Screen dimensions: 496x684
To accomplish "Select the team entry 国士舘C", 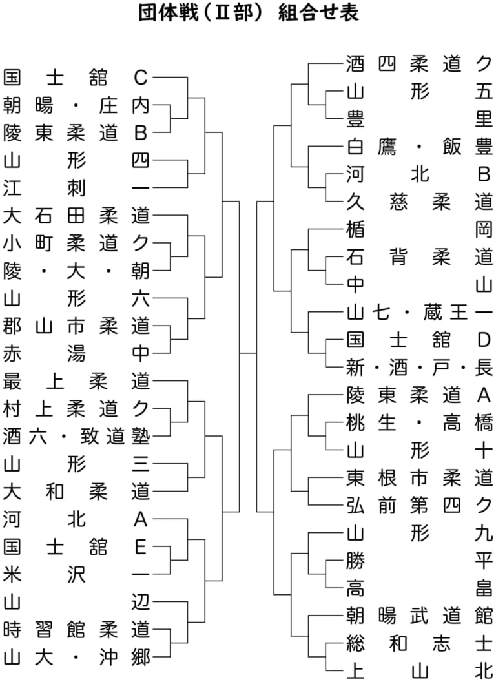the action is click(x=76, y=78).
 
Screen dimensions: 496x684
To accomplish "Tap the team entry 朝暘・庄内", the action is click(x=76, y=105).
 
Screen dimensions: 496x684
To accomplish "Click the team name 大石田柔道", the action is click(x=76, y=216).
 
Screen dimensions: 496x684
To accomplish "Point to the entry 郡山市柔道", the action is click(x=76, y=326).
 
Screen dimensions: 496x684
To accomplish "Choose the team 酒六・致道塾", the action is click(x=76, y=437).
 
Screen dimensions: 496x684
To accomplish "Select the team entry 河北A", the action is click(x=76, y=519).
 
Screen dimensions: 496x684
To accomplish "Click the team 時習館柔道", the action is click(x=76, y=630).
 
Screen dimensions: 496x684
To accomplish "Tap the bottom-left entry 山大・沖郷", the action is click(x=76, y=658).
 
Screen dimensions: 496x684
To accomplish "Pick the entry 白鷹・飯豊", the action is click(x=420, y=147).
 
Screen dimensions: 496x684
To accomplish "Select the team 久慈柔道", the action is click(x=420, y=202).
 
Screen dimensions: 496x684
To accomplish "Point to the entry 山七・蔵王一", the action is click(x=420, y=313).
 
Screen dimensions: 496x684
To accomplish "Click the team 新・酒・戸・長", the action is click(x=420, y=368).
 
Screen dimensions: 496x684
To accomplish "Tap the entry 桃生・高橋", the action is click(x=420, y=423).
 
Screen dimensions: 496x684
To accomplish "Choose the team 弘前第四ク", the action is click(x=420, y=506).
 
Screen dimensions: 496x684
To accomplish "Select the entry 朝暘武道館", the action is click(x=420, y=616).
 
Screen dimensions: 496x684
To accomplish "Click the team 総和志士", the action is click(x=420, y=644).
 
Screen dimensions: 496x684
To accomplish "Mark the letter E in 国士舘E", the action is click(x=140, y=547).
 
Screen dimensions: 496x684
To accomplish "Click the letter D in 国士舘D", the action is click(x=484, y=340).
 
